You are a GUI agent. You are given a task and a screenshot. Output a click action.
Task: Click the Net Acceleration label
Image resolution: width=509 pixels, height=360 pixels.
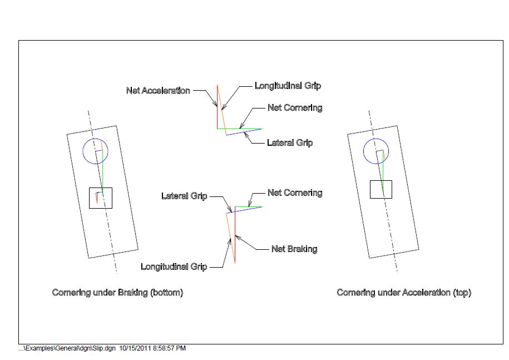(x=158, y=91)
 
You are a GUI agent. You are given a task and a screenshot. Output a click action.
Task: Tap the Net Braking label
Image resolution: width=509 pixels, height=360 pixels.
(x=294, y=249)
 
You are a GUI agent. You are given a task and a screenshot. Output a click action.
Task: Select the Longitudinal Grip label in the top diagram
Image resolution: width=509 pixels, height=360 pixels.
(x=288, y=86)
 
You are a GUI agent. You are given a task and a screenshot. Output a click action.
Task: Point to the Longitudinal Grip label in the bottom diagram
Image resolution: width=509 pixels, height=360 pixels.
(x=174, y=267)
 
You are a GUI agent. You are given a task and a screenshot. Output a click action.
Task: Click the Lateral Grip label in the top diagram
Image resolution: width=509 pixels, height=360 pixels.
(x=290, y=143)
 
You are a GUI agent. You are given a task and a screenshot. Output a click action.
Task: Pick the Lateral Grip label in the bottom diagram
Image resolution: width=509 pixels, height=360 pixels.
(x=184, y=196)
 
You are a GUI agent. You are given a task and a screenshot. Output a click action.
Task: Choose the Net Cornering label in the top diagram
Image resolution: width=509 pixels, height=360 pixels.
(x=295, y=108)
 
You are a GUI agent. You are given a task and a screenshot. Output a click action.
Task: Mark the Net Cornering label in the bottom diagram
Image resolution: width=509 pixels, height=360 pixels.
(x=295, y=193)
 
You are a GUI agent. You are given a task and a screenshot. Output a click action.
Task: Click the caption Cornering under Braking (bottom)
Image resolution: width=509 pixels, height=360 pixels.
(x=117, y=293)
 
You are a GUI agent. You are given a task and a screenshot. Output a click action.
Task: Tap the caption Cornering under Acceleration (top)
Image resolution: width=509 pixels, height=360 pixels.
(x=404, y=293)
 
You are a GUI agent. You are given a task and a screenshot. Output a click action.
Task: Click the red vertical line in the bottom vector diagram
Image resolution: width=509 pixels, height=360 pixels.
(x=235, y=234)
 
